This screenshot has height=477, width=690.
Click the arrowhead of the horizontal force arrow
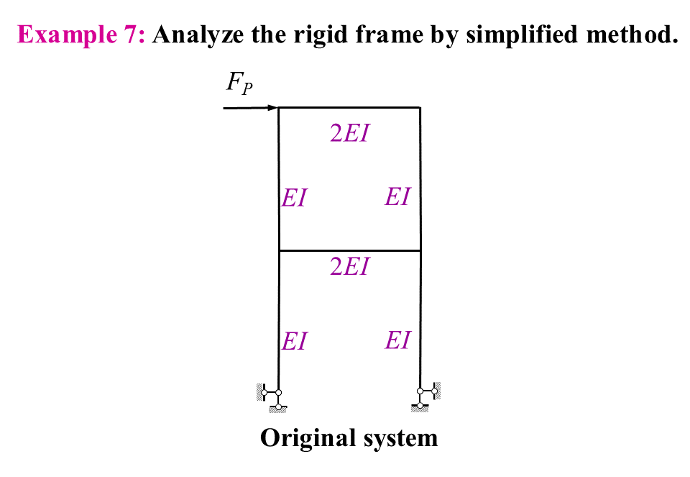pyautogui.click(x=273, y=108)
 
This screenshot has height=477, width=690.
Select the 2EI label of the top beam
pyautogui.click(x=349, y=134)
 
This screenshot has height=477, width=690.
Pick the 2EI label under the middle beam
pyautogui.click(x=349, y=267)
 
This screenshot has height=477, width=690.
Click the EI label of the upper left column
pyautogui.click(x=295, y=198)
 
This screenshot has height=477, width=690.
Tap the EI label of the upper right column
pyautogui.click(x=397, y=196)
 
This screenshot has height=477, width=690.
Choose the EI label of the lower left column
pyautogui.click(x=295, y=341)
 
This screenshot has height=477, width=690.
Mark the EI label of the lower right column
pyautogui.click(x=397, y=340)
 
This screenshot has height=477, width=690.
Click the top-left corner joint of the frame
pyautogui.click(x=279, y=108)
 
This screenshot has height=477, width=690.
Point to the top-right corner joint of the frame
pyautogui.click(x=420, y=108)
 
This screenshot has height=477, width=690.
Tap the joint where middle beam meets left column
pyautogui.click(x=279, y=250)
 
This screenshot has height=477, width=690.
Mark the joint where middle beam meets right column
pyautogui.click(x=420, y=250)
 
